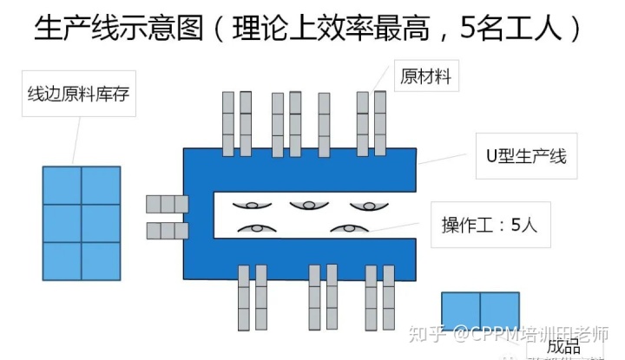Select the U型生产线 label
[x=524, y=156]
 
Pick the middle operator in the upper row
[x=309, y=205]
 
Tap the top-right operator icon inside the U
[x=368, y=205]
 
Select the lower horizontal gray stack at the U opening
[x=167, y=231]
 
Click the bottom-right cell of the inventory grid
[x=101, y=260]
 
